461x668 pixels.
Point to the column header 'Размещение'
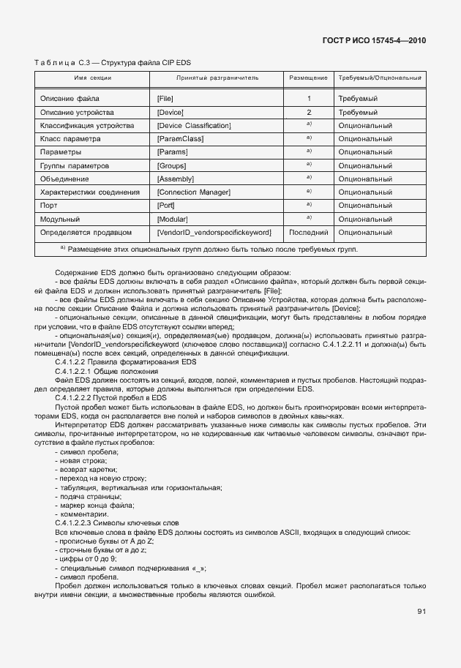tap(309, 77)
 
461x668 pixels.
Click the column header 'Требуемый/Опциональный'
tap(379, 77)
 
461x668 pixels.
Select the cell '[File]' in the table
tap(165, 98)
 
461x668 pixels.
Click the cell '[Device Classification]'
tap(194, 125)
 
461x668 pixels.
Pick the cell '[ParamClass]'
tap(180, 138)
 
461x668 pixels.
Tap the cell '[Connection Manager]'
tap(194, 192)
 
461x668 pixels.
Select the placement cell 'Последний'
tap(309, 232)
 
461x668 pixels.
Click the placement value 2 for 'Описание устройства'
tap(309, 112)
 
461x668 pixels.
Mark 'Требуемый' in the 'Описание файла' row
tap(358, 98)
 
